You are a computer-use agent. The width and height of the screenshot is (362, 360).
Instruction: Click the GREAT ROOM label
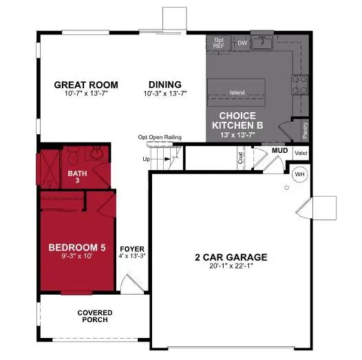(x=86, y=85)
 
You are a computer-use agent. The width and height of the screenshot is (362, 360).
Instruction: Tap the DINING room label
(x=159, y=85)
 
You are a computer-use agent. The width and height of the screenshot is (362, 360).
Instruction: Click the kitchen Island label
(x=237, y=92)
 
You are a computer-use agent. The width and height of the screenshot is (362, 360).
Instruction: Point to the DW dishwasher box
(x=242, y=43)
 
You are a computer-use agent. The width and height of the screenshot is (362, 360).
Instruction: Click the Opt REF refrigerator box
(x=219, y=43)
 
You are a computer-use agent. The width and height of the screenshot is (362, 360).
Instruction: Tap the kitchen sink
(x=262, y=43)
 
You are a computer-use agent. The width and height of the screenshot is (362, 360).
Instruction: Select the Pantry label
(x=304, y=129)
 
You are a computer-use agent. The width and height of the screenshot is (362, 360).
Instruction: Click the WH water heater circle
(x=299, y=173)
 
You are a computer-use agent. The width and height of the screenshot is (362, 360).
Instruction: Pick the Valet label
(x=301, y=153)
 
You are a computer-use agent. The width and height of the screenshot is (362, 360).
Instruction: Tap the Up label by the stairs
(x=146, y=160)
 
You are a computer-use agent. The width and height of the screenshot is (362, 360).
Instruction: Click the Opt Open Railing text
(x=160, y=138)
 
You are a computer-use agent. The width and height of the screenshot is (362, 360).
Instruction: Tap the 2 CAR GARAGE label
(x=231, y=259)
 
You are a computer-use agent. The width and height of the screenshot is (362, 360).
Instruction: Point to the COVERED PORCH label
(x=94, y=317)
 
